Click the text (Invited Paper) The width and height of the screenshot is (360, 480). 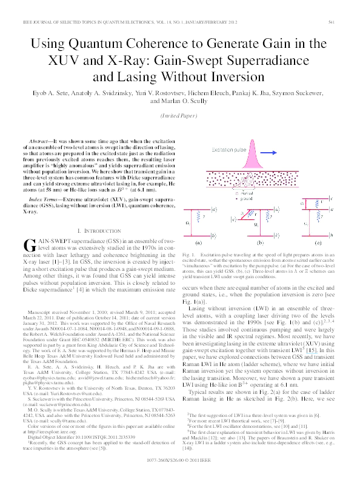180,115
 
